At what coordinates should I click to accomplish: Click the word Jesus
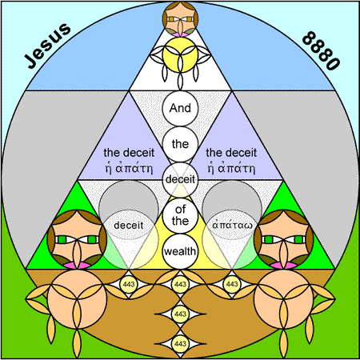[x=47, y=46]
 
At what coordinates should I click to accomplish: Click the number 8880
[x=322, y=50]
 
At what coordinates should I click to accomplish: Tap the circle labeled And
[x=180, y=108]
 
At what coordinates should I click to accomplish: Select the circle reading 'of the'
[x=180, y=215]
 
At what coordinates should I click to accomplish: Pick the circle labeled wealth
[x=180, y=251]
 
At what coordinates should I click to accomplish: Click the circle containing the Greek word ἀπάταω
[x=232, y=225]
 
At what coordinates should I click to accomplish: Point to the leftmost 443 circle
[x=129, y=284]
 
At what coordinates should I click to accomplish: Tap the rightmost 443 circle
[x=232, y=284]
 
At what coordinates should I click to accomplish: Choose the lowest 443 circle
[x=180, y=343]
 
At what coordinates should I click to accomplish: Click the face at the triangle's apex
[x=180, y=18]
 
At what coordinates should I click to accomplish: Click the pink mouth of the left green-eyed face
[x=77, y=266]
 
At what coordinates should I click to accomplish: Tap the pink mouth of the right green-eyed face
[x=283, y=266]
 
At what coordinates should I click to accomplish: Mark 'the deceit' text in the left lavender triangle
[x=129, y=153]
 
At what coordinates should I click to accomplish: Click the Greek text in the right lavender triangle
[x=231, y=169]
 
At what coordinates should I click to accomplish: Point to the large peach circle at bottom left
[x=77, y=298]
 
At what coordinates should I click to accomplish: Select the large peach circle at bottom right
[x=283, y=298]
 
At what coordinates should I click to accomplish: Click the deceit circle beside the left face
[x=129, y=225]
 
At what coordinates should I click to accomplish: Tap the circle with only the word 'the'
[x=180, y=144]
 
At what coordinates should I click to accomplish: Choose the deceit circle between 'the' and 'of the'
[x=180, y=180]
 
